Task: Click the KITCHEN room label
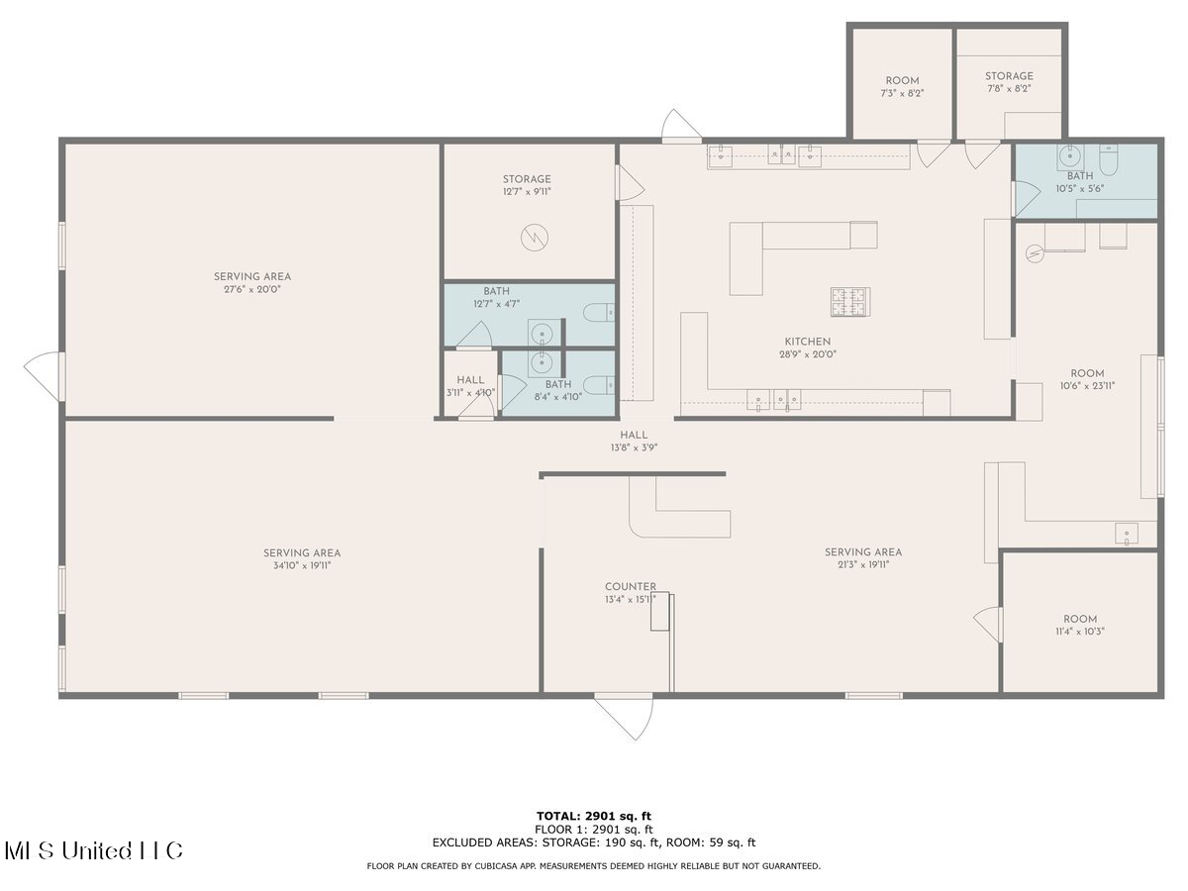pos(807,342)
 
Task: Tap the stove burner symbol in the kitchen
pos(850,302)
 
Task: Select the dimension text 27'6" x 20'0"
pos(252,289)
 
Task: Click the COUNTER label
pos(630,586)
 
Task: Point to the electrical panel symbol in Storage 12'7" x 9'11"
pos(535,238)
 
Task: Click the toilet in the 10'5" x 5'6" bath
pos(1109,160)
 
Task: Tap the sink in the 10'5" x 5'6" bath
pos(1070,157)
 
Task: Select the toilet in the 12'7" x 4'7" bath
pos(599,312)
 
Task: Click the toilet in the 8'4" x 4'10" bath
pos(599,385)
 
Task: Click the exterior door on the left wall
pos(45,376)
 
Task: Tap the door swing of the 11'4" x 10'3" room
pos(988,625)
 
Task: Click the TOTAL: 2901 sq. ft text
pos(594,816)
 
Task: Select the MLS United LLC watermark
pos(94,850)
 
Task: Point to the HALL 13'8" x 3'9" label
pos(634,441)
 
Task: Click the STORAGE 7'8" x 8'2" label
pos(1009,82)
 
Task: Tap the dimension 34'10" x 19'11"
pos(302,566)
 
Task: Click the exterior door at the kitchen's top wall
pos(681,127)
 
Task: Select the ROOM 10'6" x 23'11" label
pos(1087,380)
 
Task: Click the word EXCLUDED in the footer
pos(462,842)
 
